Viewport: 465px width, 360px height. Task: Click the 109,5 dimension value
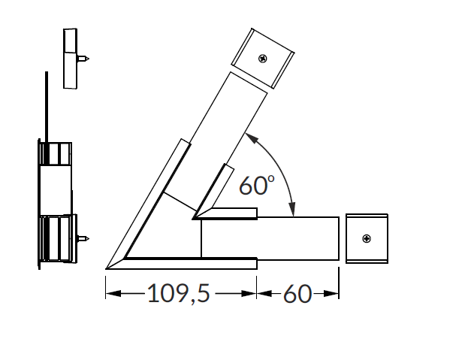(179, 293)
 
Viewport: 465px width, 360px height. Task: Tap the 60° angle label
(257, 185)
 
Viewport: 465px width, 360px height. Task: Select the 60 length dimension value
(297, 294)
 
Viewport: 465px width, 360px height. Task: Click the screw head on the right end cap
(367, 238)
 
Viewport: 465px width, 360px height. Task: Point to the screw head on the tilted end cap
(263, 59)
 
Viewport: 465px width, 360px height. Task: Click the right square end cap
(367, 238)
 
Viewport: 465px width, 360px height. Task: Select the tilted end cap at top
(263, 59)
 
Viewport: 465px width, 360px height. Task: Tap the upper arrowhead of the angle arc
(251, 138)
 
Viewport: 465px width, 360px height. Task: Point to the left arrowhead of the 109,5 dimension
(113, 294)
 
